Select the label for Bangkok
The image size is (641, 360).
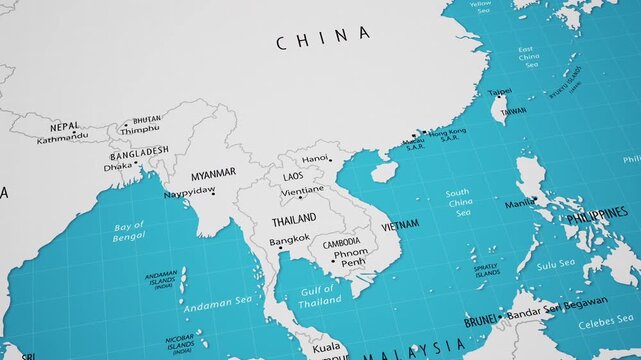(290, 240)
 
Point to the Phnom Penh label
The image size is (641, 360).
(351, 258)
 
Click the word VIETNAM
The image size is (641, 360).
(400, 224)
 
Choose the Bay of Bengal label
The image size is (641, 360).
(129, 231)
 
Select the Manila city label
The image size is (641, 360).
(518, 203)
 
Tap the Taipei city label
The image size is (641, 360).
(499, 91)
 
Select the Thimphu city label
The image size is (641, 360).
(140, 129)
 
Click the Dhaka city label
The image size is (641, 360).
(117, 167)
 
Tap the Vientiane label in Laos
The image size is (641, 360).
(302, 190)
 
